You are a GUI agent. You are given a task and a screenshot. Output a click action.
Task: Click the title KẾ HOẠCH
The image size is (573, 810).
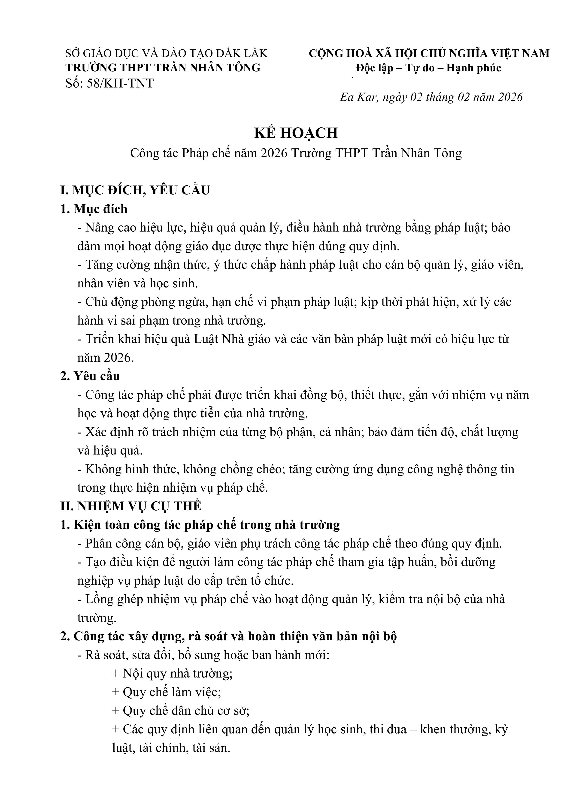(296, 133)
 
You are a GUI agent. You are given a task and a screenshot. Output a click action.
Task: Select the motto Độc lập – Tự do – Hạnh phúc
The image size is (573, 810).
(428, 68)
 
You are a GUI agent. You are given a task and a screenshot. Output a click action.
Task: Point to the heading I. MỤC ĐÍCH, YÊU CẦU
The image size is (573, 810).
(135, 190)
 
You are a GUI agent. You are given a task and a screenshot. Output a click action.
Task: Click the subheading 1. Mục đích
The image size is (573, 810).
(94, 209)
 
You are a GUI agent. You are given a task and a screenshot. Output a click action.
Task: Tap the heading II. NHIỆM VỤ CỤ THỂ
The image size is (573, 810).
(131, 506)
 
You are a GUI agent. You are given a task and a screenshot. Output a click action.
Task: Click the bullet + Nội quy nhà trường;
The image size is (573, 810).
(172, 674)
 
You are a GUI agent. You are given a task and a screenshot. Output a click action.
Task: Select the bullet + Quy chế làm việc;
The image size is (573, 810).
(167, 692)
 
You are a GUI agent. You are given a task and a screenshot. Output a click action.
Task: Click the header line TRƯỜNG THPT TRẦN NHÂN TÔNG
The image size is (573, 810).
(163, 68)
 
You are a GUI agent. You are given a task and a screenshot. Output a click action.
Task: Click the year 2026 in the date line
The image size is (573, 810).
(510, 97)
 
